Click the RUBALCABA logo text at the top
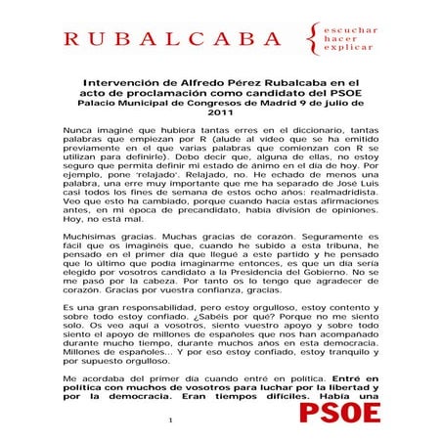pyautogui.click(x=171, y=40)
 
